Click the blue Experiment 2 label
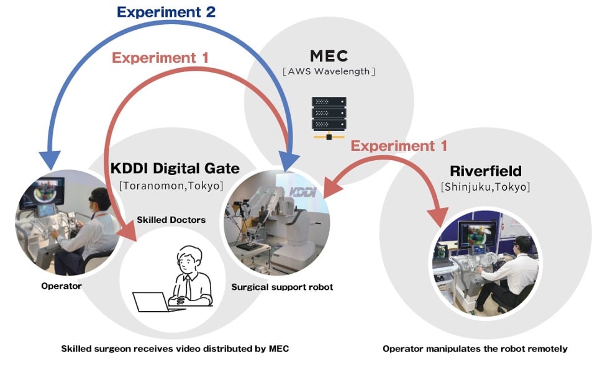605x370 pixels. point(166,12)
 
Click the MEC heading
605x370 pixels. point(329,56)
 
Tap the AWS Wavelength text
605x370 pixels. point(329,71)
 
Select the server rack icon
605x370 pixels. point(329,118)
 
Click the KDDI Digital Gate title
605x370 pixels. point(175,169)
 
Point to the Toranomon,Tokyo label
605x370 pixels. point(171,186)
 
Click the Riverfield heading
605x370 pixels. point(485,171)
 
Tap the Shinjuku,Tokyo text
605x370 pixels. point(485,187)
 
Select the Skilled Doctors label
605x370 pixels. point(171,220)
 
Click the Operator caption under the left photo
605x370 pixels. point(61,286)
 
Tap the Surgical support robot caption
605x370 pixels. point(282,287)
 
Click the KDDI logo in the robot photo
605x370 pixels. point(303,192)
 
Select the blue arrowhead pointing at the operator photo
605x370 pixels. point(50,160)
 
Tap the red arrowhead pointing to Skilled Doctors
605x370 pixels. point(128,232)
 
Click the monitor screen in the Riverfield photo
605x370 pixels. point(477,233)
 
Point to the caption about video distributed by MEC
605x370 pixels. point(175,349)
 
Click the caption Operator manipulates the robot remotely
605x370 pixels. point(475,349)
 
